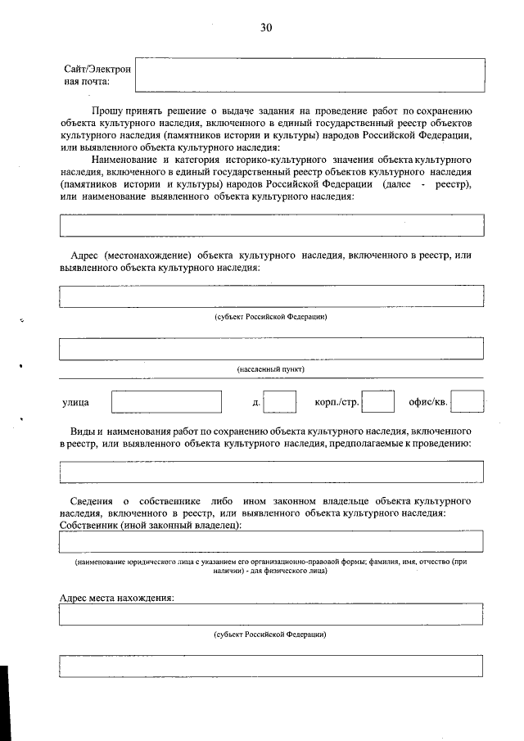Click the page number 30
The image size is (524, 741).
coord(265,28)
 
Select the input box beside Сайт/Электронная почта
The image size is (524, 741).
coord(309,75)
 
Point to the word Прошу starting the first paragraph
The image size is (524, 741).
coord(107,110)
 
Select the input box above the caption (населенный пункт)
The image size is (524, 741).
coord(271,349)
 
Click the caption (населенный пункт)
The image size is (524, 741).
coord(271,369)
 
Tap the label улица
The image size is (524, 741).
coord(76,403)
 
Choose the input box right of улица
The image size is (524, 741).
coord(166,402)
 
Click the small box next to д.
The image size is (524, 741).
coord(280,402)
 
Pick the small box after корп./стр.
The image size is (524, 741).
coord(378,402)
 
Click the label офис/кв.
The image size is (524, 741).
coord(427,403)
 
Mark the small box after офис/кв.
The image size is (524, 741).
coord(467,402)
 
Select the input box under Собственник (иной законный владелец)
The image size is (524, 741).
coord(271,541)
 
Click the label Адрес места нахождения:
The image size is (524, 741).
coord(117,598)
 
